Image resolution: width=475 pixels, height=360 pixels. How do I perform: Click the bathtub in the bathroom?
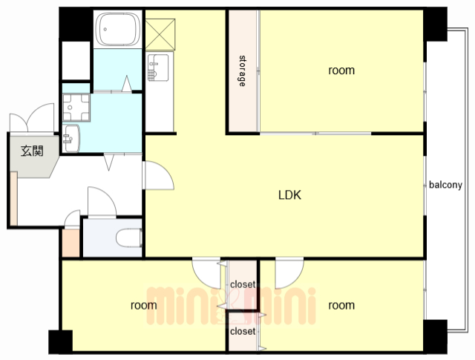(118, 30)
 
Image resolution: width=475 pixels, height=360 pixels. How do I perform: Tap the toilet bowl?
(129, 238)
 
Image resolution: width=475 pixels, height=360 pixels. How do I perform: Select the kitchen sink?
(158, 68)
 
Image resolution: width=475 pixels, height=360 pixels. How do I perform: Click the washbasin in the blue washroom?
(71, 139)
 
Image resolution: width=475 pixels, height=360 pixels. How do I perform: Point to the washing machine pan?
(76, 108)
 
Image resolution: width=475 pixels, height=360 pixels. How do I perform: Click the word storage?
(243, 71)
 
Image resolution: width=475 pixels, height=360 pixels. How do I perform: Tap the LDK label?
(289, 195)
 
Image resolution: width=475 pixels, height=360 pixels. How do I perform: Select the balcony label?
(445, 185)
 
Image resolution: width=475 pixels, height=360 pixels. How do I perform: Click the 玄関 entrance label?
(32, 151)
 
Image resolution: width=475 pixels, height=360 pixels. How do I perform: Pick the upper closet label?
(243, 284)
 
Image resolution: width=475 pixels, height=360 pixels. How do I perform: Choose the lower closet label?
(243, 331)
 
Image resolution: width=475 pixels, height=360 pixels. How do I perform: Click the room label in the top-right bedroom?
(341, 71)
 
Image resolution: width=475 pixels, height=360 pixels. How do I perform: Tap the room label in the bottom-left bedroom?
(143, 305)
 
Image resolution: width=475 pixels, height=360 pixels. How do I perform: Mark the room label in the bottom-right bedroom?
(341, 305)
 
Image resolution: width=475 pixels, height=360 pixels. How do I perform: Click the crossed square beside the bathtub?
(160, 34)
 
